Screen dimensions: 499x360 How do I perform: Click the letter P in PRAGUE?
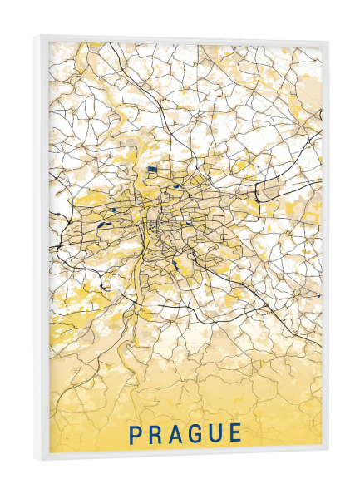(x=136, y=433)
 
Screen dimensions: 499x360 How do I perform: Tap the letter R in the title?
(x=156, y=433)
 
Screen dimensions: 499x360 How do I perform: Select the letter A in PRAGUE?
(x=177, y=433)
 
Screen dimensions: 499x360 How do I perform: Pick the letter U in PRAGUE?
(x=219, y=433)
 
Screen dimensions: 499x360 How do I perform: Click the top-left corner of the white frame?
(x=37, y=36)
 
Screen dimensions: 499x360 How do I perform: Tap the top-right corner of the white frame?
(x=328, y=40)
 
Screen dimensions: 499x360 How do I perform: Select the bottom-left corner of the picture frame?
(x=37, y=460)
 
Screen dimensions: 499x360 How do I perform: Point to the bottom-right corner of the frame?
(x=328, y=455)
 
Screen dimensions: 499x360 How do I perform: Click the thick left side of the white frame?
(x=42, y=249)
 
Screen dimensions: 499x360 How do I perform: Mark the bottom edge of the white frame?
(x=183, y=457)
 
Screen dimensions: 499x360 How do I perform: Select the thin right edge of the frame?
(x=326, y=249)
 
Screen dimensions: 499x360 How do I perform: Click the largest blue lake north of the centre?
(x=152, y=170)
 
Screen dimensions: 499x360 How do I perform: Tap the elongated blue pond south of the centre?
(x=175, y=267)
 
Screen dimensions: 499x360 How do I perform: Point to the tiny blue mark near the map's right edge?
(x=317, y=295)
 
